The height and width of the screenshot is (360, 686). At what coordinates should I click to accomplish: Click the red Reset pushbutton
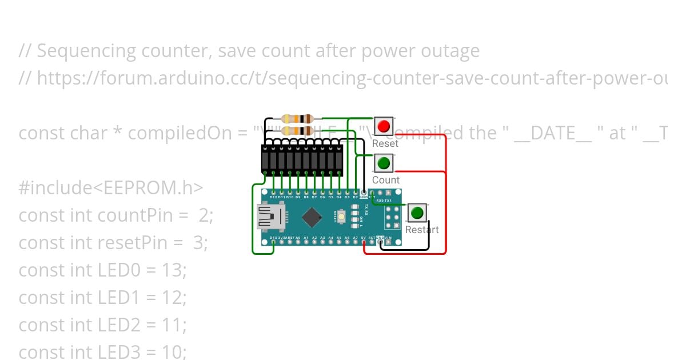[384, 126]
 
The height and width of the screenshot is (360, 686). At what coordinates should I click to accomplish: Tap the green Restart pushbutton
[417, 213]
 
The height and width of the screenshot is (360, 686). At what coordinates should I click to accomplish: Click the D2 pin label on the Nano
[355, 197]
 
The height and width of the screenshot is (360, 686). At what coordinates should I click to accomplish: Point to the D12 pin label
[273, 197]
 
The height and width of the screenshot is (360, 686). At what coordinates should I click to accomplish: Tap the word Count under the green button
[386, 180]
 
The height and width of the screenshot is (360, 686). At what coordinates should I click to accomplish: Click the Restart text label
[422, 230]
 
